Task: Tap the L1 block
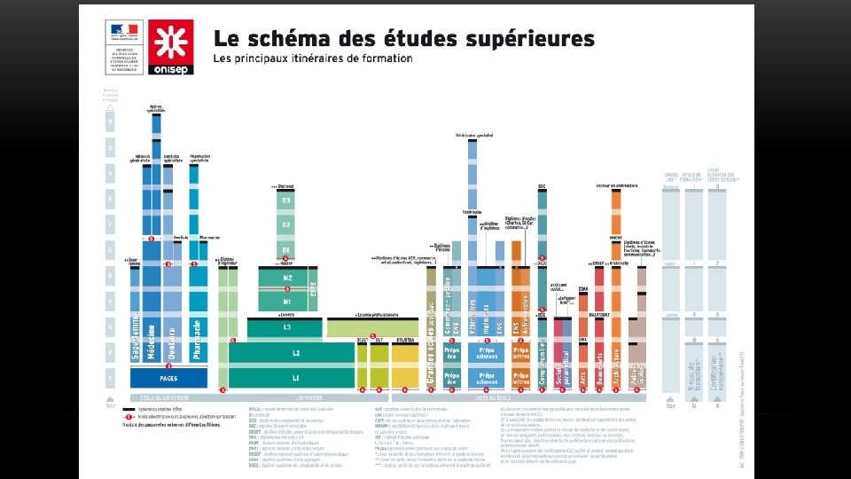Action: pos(296,379)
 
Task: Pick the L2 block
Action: pos(296,352)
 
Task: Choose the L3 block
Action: pos(285,327)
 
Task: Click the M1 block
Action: pos(286,302)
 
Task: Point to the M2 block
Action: pos(286,279)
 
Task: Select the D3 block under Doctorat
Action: pos(285,201)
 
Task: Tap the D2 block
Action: pos(285,225)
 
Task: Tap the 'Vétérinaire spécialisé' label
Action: pos(474,135)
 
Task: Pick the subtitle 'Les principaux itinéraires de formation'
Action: pos(312,59)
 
